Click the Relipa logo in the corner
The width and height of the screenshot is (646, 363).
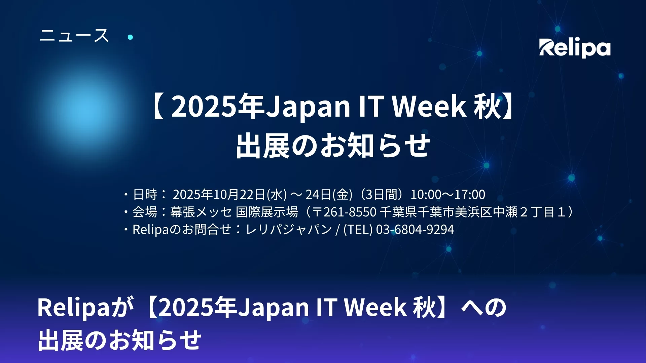[x=575, y=48]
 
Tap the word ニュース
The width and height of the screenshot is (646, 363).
[x=74, y=35]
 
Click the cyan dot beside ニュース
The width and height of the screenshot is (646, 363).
[x=131, y=37]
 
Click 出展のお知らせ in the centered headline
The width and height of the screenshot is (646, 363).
[x=333, y=146]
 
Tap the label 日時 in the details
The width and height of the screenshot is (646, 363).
[x=145, y=194]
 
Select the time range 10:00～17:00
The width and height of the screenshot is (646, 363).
[x=448, y=194]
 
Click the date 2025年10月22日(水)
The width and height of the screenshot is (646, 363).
[x=230, y=194]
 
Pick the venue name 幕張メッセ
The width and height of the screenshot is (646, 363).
[x=201, y=212]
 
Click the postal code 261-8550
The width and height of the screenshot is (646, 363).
[x=350, y=212]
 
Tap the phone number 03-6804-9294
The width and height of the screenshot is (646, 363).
[x=415, y=229]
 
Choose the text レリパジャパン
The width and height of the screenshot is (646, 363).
[x=289, y=229]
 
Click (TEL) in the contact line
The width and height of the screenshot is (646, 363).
[x=358, y=229]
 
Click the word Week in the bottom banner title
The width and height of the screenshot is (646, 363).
[x=375, y=307]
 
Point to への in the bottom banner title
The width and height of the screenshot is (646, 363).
[x=483, y=307]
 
